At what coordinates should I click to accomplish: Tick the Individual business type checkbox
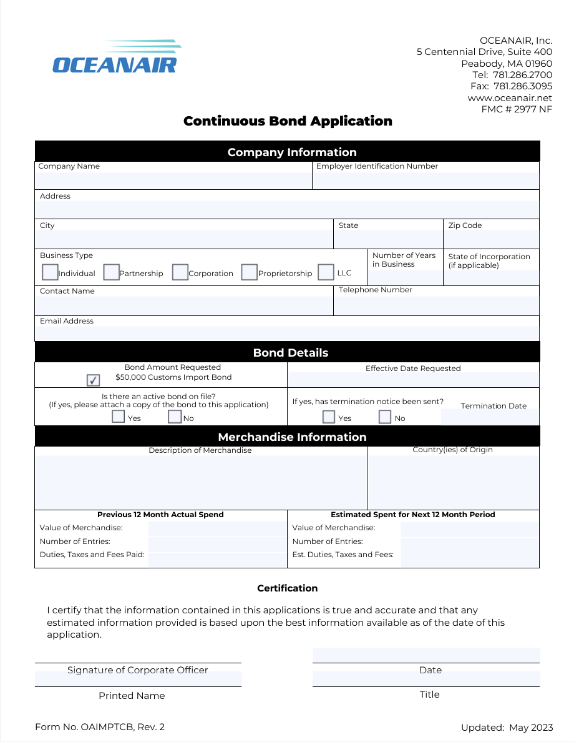click(50, 272)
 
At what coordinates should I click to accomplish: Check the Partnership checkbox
click(111, 272)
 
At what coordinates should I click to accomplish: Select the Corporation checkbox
click(180, 272)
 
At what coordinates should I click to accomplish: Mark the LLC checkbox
click(326, 272)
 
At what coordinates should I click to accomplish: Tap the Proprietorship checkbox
click(249, 272)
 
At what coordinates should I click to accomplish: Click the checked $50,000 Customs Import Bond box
click(93, 380)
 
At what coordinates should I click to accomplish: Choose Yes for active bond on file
click(119, 417)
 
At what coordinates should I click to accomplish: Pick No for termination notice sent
click(385, 417)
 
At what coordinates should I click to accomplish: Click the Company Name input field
click(173, 180)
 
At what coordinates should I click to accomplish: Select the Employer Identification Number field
click(426, 180)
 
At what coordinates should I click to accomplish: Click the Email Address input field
click(287, 334)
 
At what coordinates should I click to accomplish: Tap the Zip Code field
click(491, 239)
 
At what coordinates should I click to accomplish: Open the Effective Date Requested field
click(413, 379)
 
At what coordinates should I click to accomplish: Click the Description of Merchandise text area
click(201, 482)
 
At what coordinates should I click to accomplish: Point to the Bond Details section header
click(291, 353)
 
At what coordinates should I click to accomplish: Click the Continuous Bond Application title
click(288, 121)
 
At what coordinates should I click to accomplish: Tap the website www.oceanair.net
click(510, 98)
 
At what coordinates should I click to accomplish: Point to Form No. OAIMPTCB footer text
click(100, 726)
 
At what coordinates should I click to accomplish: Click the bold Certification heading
click(288, 588)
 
